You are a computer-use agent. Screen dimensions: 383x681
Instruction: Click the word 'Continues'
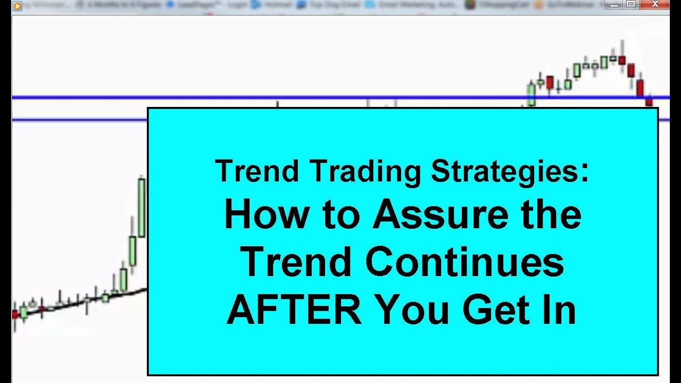(464, 262)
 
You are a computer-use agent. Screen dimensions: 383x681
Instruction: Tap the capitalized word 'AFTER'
(294, 310)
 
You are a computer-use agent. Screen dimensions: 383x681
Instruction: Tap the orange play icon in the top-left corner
(18, 6)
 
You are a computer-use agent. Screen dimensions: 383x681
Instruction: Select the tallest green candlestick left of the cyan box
(142, 207)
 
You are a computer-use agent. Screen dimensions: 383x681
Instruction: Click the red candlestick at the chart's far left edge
(15, 314)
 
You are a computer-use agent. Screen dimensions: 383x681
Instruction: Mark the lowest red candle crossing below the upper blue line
(649, 101)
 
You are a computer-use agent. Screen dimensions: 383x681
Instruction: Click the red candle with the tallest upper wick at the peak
(621, 60)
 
